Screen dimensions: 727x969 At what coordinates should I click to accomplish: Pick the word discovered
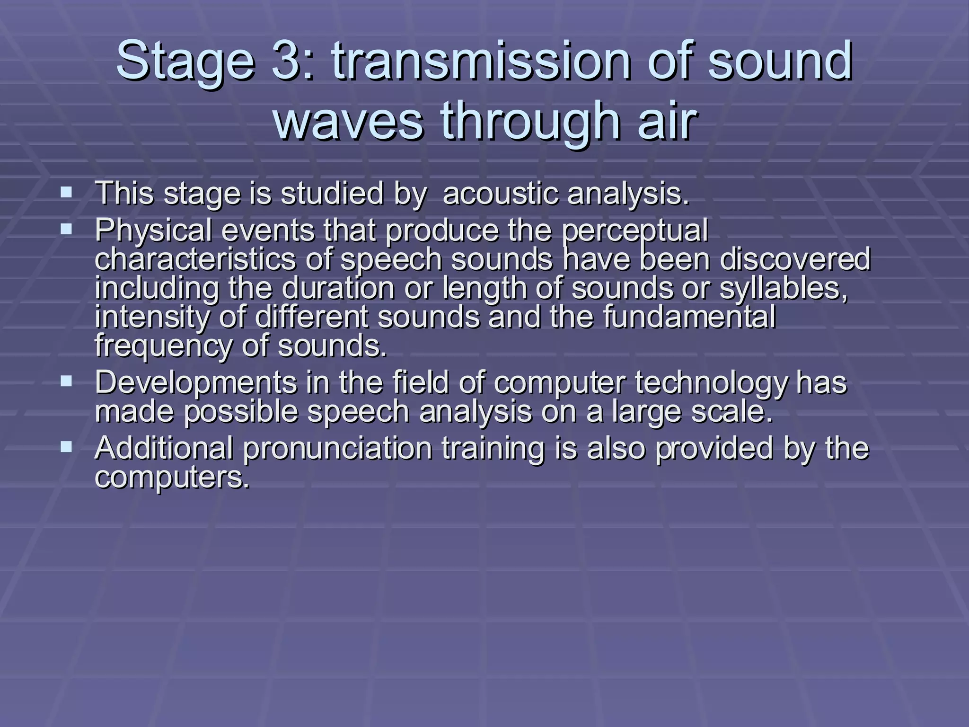[x=794, y=260]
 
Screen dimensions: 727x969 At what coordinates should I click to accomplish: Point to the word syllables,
[x=784, y=289]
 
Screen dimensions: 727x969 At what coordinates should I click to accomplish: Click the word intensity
[x=152, y=318]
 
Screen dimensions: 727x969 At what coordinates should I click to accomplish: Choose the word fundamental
[x=689, y=317]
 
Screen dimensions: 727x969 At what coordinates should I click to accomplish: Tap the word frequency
[x=164, y=346]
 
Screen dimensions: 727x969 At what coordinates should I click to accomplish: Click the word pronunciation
[x=338, y=448]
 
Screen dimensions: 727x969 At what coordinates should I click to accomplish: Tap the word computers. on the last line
[x=172, y=478]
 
